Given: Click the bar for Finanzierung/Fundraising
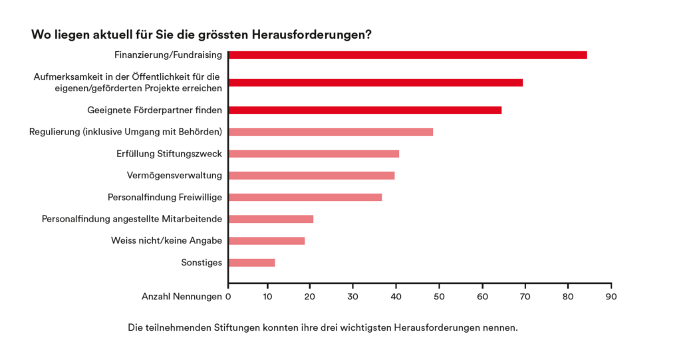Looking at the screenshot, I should (407, 55).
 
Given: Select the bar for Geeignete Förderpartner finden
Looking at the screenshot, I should (364, 110).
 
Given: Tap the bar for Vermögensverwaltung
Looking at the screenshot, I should (311, 176).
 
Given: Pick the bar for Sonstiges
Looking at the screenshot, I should (251, 263).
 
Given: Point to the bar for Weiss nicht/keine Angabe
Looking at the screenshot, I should (266, 241).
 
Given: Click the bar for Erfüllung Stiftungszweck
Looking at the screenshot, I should (313, 154).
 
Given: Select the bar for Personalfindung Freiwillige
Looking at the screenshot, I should (305, 198).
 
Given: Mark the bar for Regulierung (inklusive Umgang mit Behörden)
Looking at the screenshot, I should (330, 132).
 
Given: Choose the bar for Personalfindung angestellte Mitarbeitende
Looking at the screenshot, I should (271, 219).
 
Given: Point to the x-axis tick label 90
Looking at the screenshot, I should (610, 296).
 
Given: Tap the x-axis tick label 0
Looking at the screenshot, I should (228, 296).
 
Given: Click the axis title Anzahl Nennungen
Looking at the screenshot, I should (182, 296).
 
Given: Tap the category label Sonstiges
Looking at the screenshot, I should (202, 263).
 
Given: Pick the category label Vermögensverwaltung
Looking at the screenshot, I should (174, 176).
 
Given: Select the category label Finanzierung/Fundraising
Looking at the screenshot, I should (168, 55).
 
